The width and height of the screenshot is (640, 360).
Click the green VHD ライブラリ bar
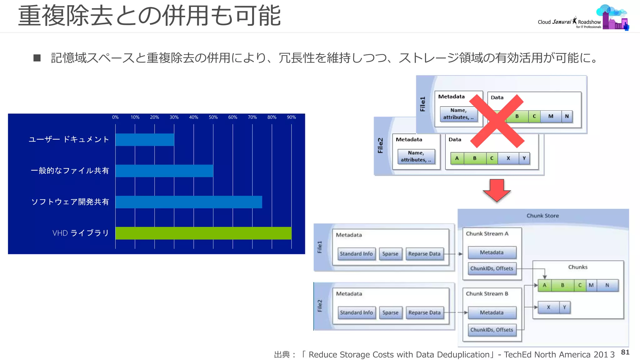point(203,233)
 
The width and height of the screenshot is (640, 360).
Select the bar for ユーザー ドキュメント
point(145,140)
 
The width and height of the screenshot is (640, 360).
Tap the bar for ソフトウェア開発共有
point(188,202)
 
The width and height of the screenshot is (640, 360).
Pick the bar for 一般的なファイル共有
point(164,171)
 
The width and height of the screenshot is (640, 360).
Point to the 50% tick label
point(213,117)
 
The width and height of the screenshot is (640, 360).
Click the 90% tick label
point(291,117)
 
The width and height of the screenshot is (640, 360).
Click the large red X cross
point(497,121)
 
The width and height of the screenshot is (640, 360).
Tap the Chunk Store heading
point(542,216)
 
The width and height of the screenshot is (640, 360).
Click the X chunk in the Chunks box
point(548,307)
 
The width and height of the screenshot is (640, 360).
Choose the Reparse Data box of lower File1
point(424,254)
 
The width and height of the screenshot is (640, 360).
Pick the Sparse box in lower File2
point(390,312)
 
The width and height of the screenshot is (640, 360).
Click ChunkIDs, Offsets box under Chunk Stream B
point(492,330)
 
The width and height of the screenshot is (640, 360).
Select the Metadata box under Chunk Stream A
point(492,252)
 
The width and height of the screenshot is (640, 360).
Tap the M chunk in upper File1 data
point(551,116)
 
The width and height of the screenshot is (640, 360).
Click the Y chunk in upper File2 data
point(524,158)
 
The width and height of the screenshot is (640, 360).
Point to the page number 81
point(625,352)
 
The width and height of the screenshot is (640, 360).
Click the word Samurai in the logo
point(562,22)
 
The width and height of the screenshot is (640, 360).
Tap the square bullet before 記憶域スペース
point(37,58)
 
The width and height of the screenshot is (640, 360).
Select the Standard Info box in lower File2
point(356,312)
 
